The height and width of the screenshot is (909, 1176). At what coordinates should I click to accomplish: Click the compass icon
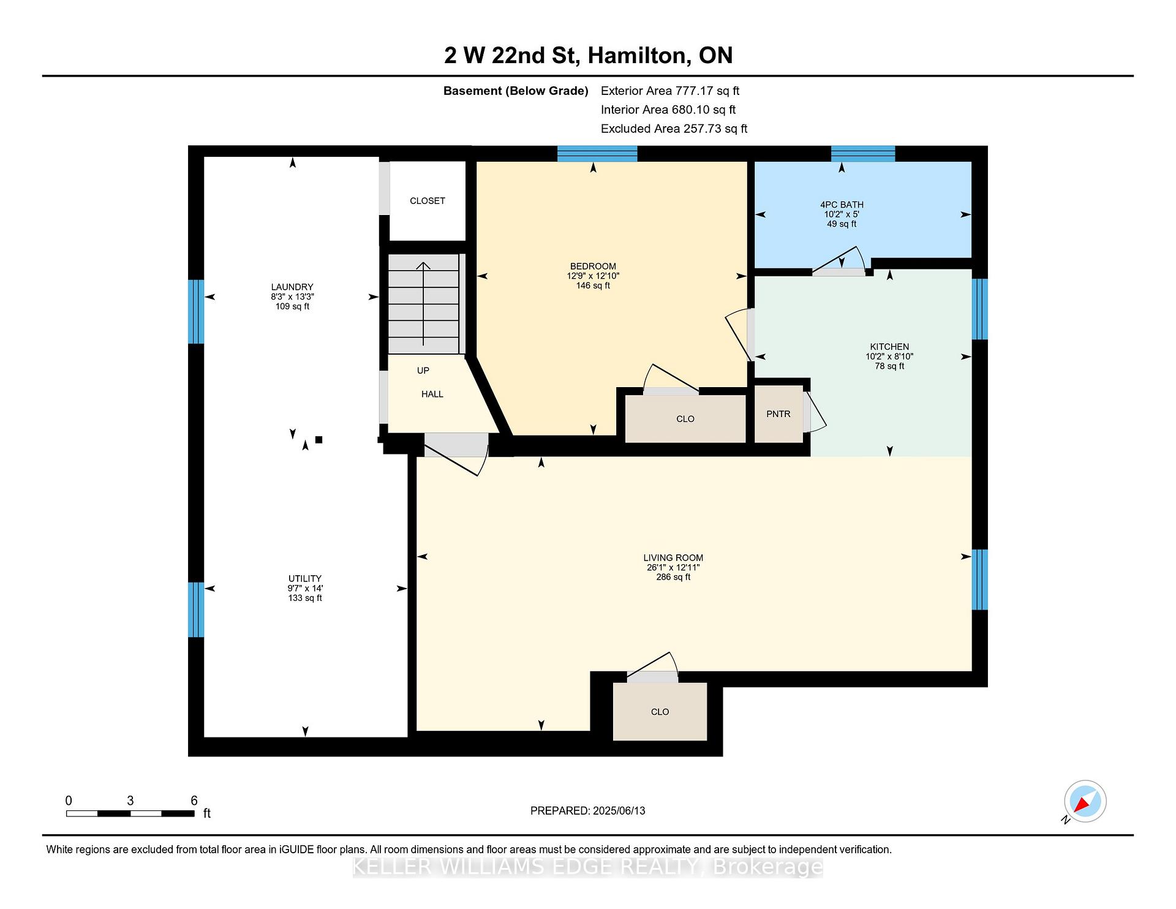[1085, 801]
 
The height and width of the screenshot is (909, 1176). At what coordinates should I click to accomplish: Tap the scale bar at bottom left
[130, 813]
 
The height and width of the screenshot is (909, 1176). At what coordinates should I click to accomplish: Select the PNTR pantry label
[778, 414]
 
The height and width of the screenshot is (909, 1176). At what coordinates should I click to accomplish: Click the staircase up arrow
[423, 303]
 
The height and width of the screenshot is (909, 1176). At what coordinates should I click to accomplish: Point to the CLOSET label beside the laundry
[428, 201]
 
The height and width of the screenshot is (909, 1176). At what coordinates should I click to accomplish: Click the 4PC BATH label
[842, 205]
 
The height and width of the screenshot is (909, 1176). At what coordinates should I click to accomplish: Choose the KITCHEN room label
[889, 347]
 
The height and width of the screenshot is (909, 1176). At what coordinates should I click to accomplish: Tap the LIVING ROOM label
[673, 557]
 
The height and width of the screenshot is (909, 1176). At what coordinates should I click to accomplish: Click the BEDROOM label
[593, 266]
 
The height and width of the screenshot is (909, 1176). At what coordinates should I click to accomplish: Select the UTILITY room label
[305, 578]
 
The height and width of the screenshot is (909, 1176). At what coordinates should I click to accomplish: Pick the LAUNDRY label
[292, 287]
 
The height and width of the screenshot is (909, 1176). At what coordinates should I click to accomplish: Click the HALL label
[432, 394]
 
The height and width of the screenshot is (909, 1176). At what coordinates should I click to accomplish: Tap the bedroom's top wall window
[597, 154]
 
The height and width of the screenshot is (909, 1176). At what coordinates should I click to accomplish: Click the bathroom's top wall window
[863, 154]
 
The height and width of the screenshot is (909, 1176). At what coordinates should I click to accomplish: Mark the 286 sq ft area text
[673, 577]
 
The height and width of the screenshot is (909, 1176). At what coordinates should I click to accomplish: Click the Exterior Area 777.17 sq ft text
[670, 91]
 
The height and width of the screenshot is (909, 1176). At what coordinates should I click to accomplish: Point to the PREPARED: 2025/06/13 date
[588, 810]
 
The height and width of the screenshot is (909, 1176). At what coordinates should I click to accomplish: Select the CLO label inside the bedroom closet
[685, 419]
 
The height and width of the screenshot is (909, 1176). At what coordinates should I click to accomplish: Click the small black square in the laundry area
[318, 439]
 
